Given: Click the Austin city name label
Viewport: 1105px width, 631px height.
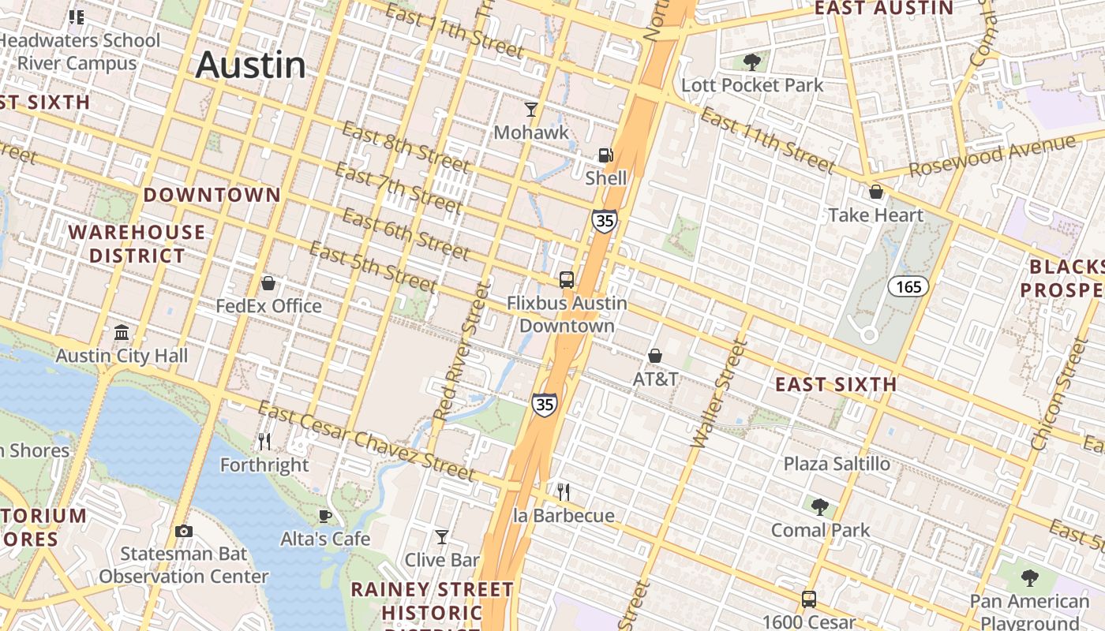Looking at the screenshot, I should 250,65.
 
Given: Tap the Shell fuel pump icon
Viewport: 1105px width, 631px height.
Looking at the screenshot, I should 605,155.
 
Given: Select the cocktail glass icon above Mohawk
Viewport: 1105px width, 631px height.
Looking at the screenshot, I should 531,110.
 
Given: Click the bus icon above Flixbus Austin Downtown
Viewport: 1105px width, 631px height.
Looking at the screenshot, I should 566,279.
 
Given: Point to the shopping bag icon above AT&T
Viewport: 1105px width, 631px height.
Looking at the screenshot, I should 655,356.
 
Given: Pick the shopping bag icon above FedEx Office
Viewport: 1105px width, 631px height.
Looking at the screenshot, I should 268,282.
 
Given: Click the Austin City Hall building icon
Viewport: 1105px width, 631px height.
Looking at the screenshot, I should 122,332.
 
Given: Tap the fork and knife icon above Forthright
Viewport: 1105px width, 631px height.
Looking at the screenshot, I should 264,441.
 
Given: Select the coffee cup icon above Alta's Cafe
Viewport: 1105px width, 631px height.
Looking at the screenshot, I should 324,516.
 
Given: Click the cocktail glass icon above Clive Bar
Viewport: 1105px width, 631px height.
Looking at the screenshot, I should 442,537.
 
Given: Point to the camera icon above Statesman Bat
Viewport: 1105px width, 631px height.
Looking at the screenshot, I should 184,531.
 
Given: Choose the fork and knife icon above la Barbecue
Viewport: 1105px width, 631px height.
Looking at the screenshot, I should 564,492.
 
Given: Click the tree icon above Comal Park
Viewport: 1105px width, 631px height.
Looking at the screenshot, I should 820,506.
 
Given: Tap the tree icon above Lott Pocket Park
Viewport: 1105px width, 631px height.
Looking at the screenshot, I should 752,62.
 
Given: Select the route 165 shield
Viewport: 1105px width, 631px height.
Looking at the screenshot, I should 908,286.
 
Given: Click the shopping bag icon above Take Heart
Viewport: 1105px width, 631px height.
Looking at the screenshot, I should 875,192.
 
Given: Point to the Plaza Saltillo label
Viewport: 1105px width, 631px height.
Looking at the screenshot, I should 837,464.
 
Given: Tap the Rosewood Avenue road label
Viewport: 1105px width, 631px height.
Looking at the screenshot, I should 991,156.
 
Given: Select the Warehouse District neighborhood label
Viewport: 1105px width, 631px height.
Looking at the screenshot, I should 137,244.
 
